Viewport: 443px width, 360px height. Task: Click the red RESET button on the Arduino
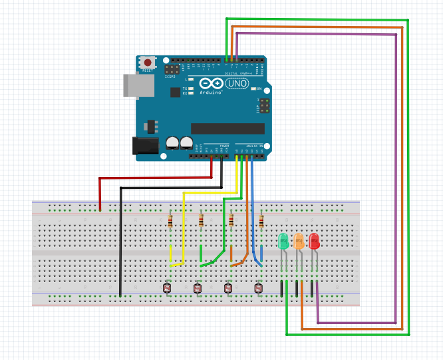coord(147,63)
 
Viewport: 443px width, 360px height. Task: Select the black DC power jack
coord(145,148)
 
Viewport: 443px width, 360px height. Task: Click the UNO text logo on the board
coord(238,84)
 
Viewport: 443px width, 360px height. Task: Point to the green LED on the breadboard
coord(283,241)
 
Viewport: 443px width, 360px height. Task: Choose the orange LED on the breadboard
coord(299,241)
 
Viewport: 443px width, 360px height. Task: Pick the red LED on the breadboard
coord(314,241)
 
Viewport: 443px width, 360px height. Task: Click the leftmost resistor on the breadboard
coord(172,220)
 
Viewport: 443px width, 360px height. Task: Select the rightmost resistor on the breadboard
coord(261,220)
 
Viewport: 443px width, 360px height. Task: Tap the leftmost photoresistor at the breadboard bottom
coord(166,288)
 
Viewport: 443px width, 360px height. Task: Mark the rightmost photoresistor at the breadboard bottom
coord(258,288)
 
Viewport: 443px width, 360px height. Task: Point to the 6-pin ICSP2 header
coord(172,69)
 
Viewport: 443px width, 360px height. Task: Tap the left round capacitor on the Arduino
coord(172,142)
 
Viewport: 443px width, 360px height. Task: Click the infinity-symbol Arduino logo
coord(212,84)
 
